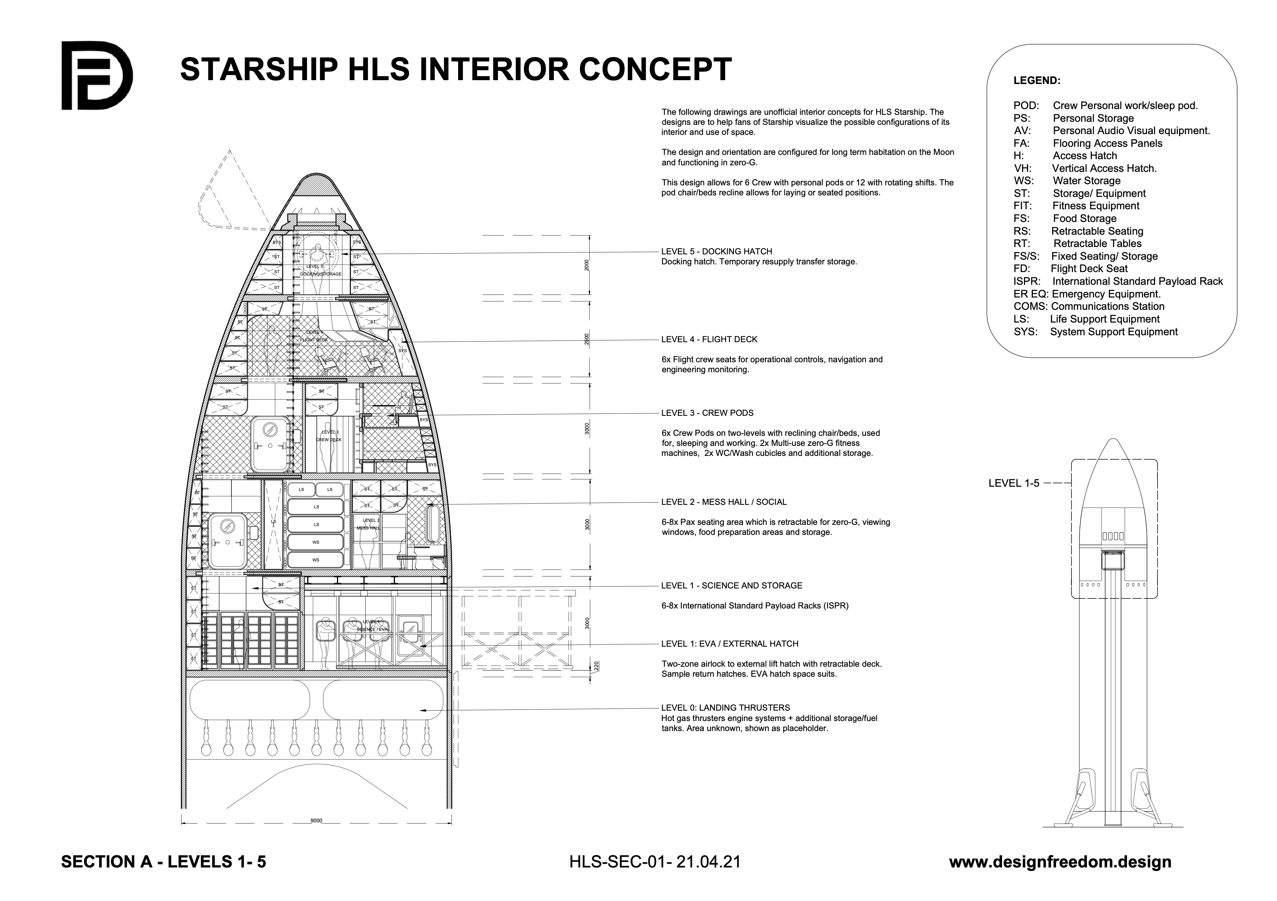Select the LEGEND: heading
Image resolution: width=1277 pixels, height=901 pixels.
pyautogui.click(x=1037, y=81)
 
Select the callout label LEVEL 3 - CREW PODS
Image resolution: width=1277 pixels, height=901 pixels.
pyautogui.click(x=707, y=413)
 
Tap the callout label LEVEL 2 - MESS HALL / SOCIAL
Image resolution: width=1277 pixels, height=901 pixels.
pyautogui.click(x=724, y=502)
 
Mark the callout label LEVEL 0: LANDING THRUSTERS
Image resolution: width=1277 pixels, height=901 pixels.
pyautogui.click(x=725, y=708)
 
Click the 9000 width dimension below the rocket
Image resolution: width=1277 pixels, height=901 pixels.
pyautogui.click(x=316, y=820)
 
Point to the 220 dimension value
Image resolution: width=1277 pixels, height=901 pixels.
pyautogui.click(x=596, y=665)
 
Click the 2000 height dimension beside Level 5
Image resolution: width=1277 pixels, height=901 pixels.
pyautogui.click(x=586, y=265)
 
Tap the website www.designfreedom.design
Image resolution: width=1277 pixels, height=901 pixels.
pyautogui.click(x=1059, y=862)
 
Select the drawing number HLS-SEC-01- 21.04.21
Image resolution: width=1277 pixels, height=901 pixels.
pyautogui.click(x=655, y=862)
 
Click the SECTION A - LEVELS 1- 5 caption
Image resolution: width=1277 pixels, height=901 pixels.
pyautogui.click(x=164, y=862)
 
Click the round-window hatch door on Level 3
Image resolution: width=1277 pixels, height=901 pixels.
pyautogui.click(x=270, y=444)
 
